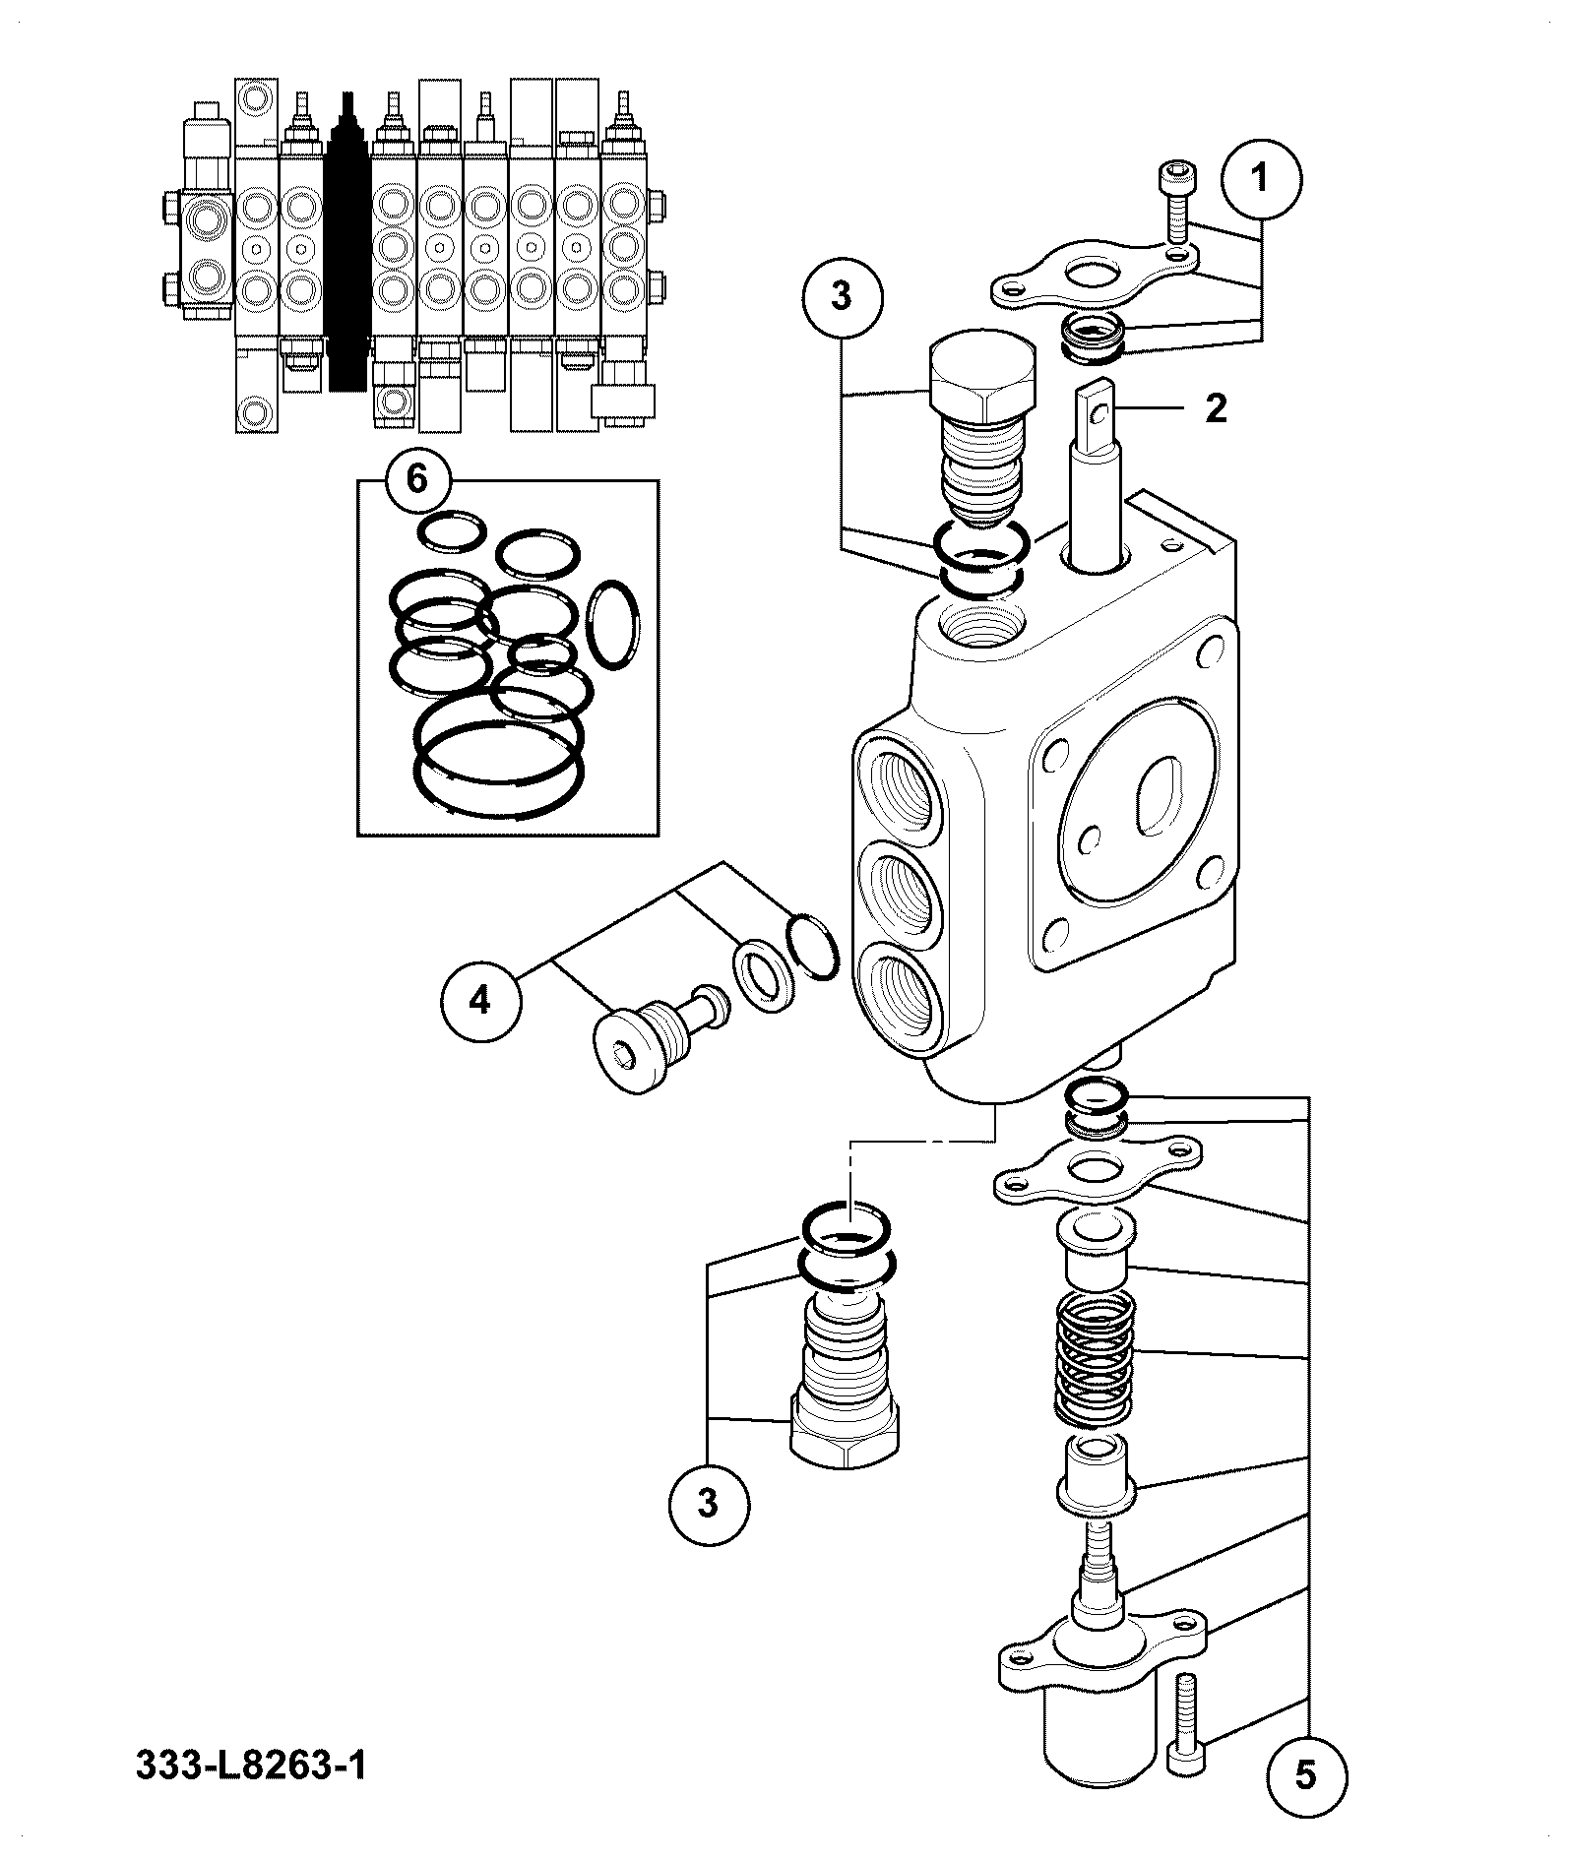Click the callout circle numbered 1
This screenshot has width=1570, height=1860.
1260,179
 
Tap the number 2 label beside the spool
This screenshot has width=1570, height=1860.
1216,408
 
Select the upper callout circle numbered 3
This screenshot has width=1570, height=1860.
842,296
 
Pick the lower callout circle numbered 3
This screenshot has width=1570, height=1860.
709,1532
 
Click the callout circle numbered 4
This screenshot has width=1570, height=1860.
479,1002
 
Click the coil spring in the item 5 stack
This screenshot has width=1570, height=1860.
1095,1358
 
